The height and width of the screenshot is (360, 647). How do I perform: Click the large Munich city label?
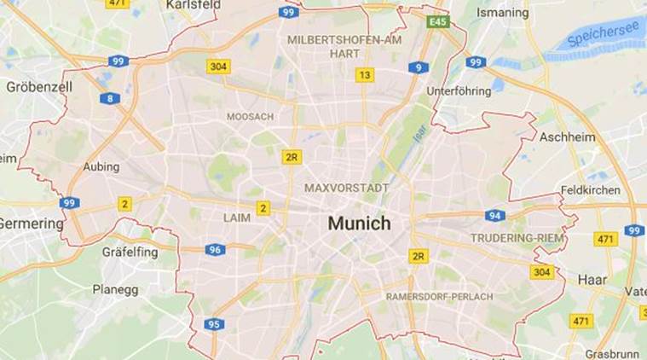click(358, 224)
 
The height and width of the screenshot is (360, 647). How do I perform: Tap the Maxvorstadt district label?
click(346, 187)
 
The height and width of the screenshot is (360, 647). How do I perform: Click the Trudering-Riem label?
click(517, 238)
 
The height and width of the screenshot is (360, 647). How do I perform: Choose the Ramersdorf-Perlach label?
click(439, 296)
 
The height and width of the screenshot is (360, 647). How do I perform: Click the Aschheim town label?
click(562, 136)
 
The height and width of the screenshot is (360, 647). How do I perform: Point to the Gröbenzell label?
click(39, 87)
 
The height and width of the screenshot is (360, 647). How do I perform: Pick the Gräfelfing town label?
click(131, 252)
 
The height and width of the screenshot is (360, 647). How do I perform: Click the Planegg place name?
click(115, 289)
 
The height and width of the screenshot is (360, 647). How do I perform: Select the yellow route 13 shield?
click(365, 75)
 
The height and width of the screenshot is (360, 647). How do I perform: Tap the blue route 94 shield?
click(495, 216)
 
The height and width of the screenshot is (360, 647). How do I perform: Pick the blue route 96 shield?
click(216, 250)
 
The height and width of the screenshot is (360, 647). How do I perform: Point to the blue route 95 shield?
click(215, 324)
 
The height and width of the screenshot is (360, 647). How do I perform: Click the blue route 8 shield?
click(110, 99)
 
